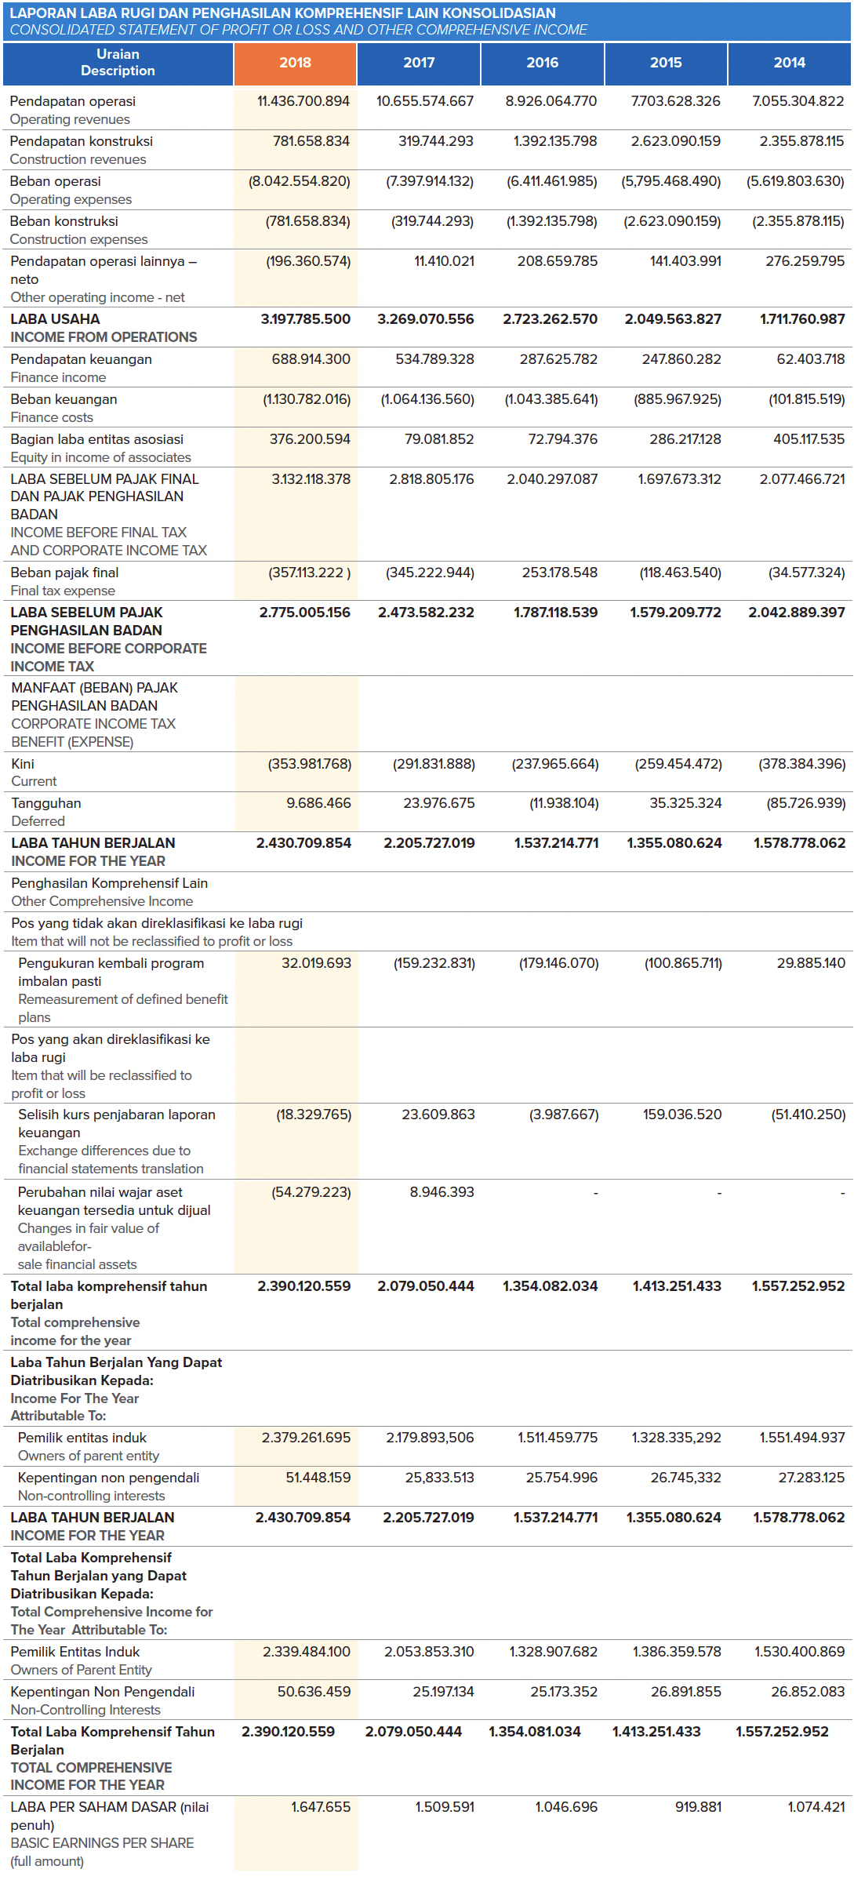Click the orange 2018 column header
pyautogui.click(x=295, y=63)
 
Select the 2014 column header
pyautogui.click(x=789, y=63)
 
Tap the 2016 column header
pyautogui.click(x=542, y=63)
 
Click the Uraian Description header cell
pyautogui.click(x=118, y=63)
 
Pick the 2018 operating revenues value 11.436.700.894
pyautogui.click(x=303, y=101)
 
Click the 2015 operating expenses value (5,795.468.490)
pyautogui.click(x=670, y=181)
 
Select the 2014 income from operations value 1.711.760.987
pyautogui.click(x=801, y=319)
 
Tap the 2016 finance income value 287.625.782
pyautogui.click(x=558, y=359)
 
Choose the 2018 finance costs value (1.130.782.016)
pyautogui.click(x=307, y=399)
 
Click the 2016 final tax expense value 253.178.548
pyautogui.click(x=559, y=573)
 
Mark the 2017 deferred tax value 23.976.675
pyautogui.click(x=438, y=803)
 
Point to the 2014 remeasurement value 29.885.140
pyautogui.click(x=810, y=963)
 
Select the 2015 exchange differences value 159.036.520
pyautogui.click(x=681, y=1115)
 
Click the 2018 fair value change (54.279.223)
pyautogui.click(x=311, y=1192)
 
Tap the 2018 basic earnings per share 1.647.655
pyautogui.click(x=320, y=1807)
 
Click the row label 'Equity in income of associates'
pyautogui.click(x=100, y=457)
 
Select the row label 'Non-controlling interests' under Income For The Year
pyautogui.click(x=91, y=1496)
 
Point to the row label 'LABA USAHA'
pyautogui.click(x=55, y=319)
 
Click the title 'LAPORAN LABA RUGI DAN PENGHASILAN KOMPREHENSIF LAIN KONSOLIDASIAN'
pyautogui.click(x=282, y=13)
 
